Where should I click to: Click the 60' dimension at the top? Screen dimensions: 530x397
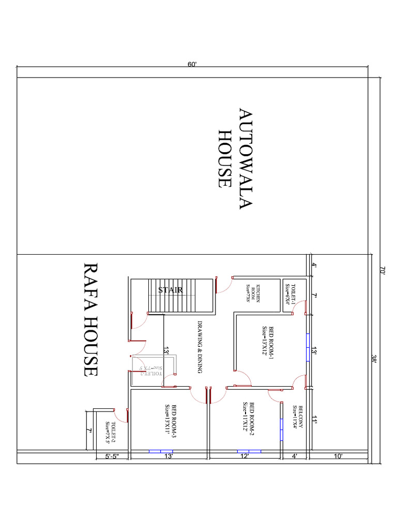(x=192, y=64)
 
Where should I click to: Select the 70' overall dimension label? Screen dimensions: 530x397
(x=383, y=270)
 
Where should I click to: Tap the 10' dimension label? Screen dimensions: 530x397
(x=338, y=457)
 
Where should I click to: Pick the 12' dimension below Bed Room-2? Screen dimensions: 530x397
(x=245, y=457)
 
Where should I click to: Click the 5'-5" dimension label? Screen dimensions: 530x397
(x=112, y=457)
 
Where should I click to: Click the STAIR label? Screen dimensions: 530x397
(x=171, y=290)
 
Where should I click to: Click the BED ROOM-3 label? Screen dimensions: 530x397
(x=171, y=418)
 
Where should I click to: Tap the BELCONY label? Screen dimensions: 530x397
(x=297, y=417)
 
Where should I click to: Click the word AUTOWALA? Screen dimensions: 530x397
(x=245, y=159)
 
